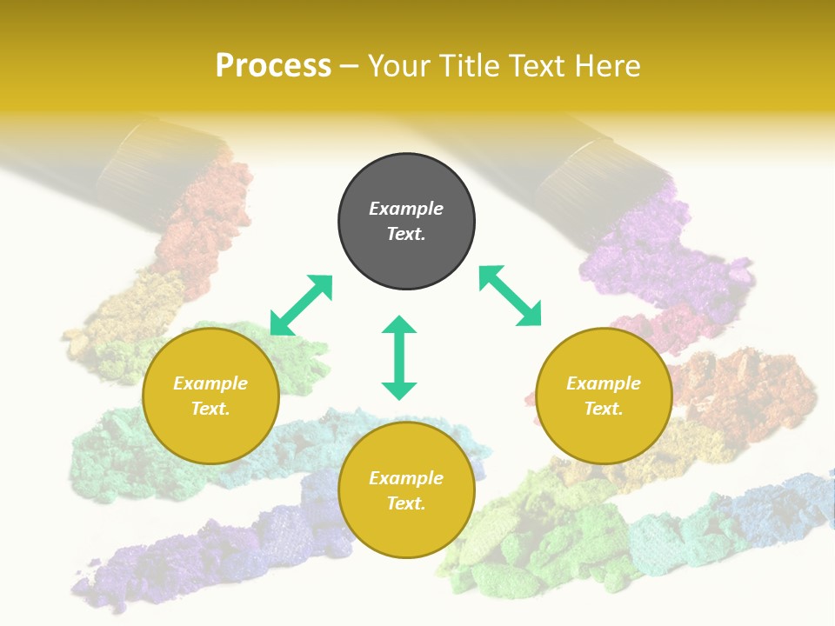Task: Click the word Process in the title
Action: click(273, 66)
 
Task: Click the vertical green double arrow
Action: click(399, 357)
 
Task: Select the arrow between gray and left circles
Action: click(301, 305)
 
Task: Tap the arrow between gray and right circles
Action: click(511, 296)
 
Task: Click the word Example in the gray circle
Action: click(406, 209)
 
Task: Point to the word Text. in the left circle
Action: click(210, 409)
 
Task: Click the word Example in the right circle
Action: click(604, 383)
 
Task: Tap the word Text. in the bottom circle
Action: click(406, 503)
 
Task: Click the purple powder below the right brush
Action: click(644, 261)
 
